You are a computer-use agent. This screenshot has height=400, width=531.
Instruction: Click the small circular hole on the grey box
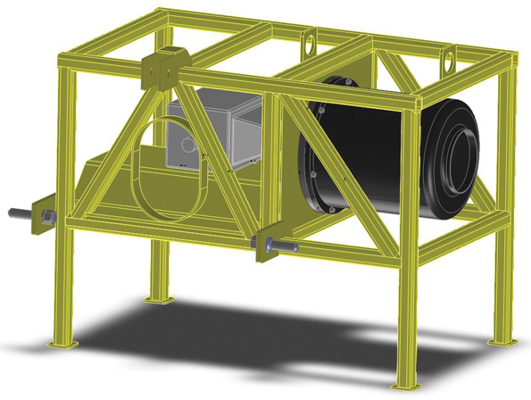point(185,143)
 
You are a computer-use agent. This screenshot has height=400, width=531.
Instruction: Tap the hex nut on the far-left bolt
point(43,217)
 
